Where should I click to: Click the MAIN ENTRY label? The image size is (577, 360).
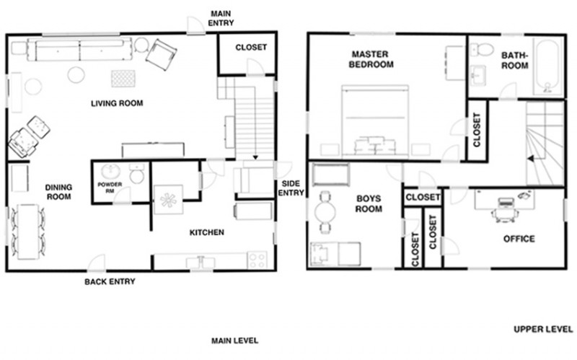click(x=221, y=18)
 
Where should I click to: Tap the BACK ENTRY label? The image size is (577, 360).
click(x=110, y=281)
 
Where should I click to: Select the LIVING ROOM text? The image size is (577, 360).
click(x=117, y=103)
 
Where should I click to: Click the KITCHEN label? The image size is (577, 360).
click(x=206, y=232)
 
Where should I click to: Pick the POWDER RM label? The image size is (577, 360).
click(x=110, y=188)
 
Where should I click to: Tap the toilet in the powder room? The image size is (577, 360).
click(x=137, y=174)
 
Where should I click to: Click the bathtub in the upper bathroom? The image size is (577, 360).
click(x=548, y=67)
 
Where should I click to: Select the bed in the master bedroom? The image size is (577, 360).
click(x=375, y=121)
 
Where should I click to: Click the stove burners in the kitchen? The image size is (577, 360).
click(x=257, y=260)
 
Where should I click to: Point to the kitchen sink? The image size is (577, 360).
click(x=201, y=263)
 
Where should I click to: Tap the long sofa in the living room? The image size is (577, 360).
click(x=79, y=49)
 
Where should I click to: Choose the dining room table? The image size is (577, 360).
click(x=28, y=232)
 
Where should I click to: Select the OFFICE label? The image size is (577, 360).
click(x=519, y=239)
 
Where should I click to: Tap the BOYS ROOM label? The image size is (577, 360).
click(x=369, y=204)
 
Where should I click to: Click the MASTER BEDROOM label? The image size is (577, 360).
click(x=371, y=59)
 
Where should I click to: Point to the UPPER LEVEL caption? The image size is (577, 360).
click(x=543, y=329)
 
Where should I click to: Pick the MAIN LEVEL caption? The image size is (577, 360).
click(x=234, y=341)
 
